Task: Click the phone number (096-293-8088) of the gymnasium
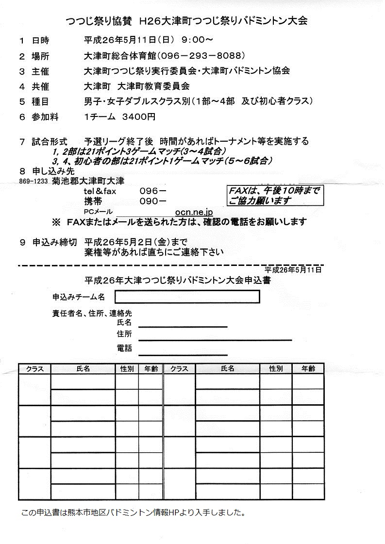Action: [199, 55]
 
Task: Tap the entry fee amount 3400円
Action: [139, 116]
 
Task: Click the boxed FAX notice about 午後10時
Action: [274, 196]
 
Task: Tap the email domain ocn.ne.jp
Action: [194, 212]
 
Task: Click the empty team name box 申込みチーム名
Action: [187, 297]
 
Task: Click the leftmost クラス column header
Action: [34, 369]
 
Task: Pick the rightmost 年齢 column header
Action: [308, 369]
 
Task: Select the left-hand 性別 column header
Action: [127, 369]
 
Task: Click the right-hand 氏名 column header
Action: [227, 369]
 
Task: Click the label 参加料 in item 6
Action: [43, 116]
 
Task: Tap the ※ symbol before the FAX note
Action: [56, 222]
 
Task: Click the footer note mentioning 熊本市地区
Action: [133, 512]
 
